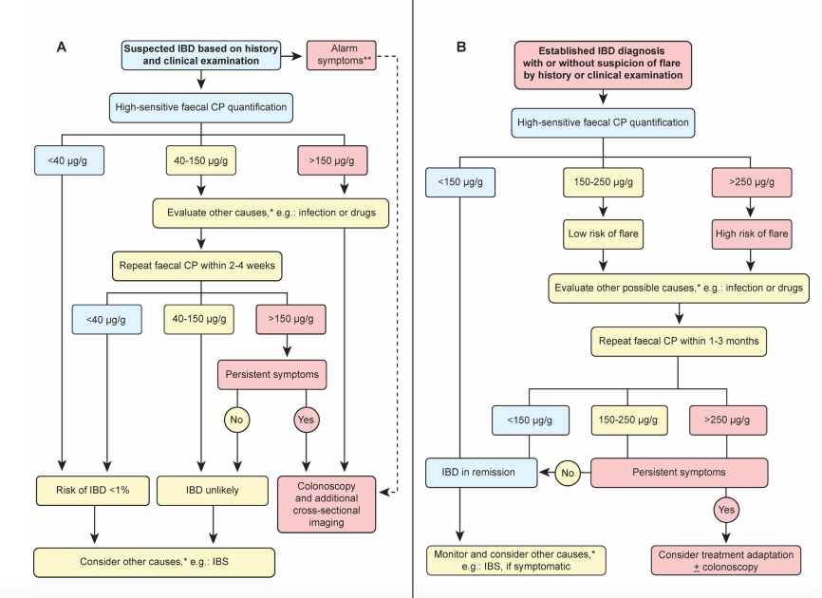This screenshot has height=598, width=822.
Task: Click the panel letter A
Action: coord(62,47)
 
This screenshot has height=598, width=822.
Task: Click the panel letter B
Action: coord(461,47)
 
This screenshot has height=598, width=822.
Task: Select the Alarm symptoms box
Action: coord(342,55)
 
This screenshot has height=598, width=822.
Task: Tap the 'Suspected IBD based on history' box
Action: coord(201,55)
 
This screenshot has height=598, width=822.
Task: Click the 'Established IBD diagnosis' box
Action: coord(603,65)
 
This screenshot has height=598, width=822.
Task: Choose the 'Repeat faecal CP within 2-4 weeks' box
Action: coord(197,266)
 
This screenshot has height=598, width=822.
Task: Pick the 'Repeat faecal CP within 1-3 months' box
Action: coord(679,342)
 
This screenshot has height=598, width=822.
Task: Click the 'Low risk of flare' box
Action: coord(603,234)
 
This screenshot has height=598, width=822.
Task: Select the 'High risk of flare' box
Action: coord(752,234)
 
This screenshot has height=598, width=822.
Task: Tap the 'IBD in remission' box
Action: coord(481,473)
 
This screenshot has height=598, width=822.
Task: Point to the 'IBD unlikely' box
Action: coord(213,491)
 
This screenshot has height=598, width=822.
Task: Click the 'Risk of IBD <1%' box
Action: coord(93,491)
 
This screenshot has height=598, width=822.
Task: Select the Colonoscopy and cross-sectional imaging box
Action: coord(327,504)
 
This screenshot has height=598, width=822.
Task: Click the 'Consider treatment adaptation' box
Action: coord(726,560)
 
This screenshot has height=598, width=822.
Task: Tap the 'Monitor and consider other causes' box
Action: coord(515,560)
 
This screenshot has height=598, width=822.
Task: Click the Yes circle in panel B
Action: coord(726,510)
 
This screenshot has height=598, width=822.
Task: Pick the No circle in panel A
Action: coord(237,420)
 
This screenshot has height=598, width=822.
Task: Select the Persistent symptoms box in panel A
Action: coord(272,375)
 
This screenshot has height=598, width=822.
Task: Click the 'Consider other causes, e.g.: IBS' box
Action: coord(154,562)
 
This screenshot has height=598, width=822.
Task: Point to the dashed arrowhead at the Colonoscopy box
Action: coord(383,492)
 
